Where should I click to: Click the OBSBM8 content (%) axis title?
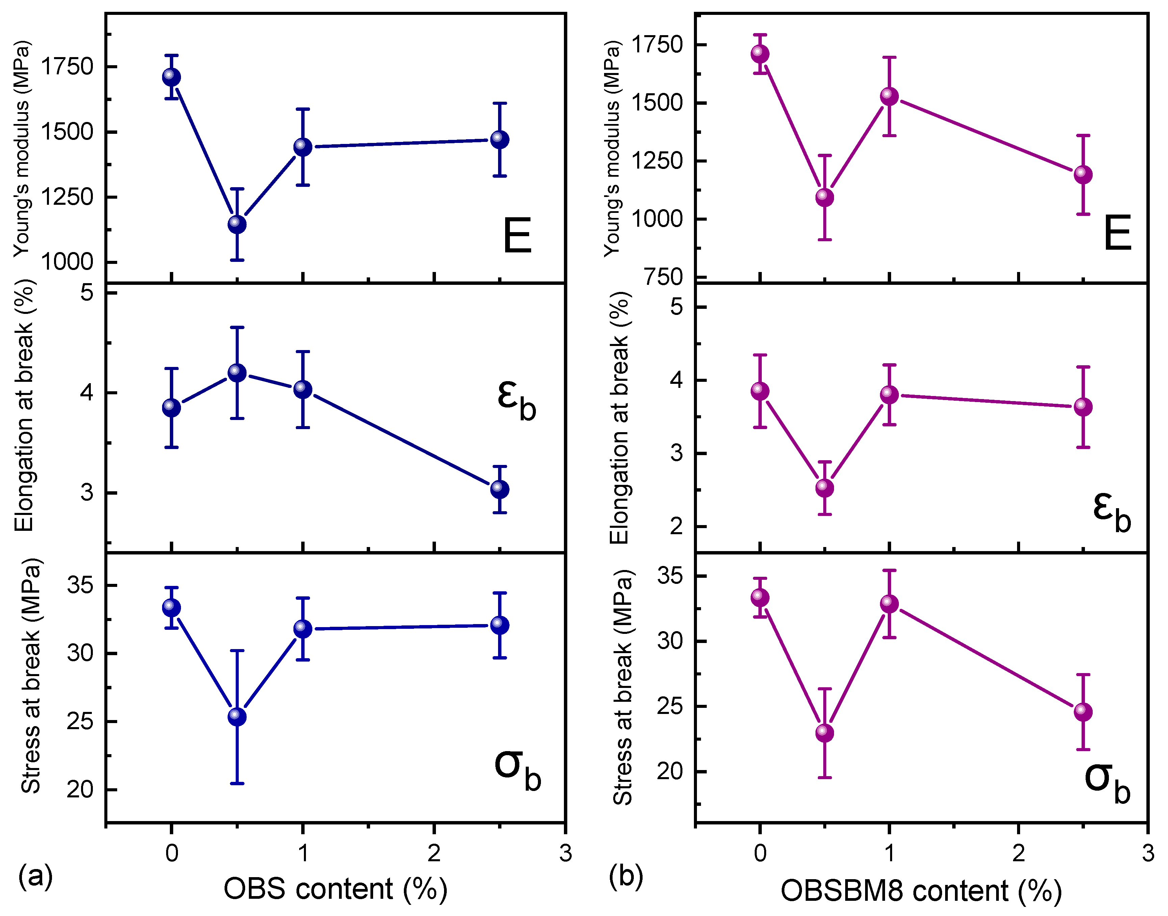coord(921,891)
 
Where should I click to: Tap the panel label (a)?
coord(35,876)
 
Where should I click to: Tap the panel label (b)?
coord(626,876)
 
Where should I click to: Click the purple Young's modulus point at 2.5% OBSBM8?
coord(1083,175)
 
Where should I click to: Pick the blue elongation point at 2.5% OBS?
coord(499,489)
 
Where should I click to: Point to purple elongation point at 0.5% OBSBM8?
coord(824,488)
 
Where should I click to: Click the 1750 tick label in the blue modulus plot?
coord(67,67)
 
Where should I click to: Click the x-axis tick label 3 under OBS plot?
coord(566,853)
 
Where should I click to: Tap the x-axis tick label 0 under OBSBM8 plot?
coord(759,853)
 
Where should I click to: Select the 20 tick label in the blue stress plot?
coord(79,789)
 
